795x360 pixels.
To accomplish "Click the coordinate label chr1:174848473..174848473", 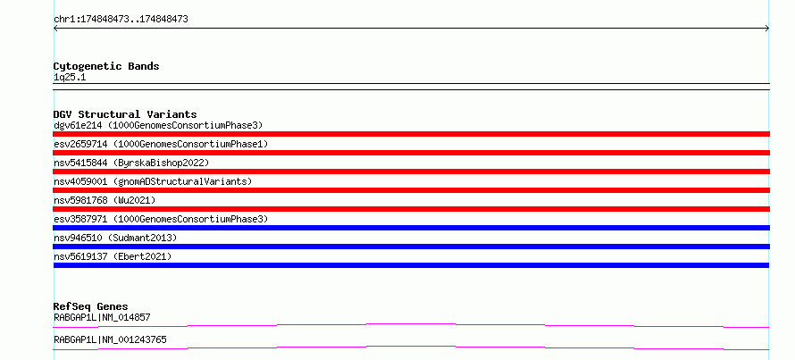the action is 121,20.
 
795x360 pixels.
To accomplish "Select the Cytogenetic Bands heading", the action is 106,66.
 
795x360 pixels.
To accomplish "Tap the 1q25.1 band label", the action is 70,78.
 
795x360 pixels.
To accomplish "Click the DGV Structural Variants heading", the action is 125,114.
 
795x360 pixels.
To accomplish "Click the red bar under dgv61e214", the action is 411,134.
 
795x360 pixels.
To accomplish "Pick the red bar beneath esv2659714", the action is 411,153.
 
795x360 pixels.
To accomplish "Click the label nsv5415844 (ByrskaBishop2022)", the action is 131,163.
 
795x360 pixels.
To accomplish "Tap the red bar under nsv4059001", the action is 411,190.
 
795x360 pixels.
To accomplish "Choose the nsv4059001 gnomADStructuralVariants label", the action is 153,181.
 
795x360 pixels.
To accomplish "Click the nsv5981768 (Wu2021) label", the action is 105,200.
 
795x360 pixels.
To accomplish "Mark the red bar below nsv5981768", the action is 411,209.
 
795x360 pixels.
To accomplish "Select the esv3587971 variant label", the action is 161,219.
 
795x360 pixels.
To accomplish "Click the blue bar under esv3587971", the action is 411,228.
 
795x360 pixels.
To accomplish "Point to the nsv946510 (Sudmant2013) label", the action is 115,238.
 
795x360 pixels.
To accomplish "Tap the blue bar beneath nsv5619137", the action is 411,265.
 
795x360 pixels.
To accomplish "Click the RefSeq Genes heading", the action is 90,306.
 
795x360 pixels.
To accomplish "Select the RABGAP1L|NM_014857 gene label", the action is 102,318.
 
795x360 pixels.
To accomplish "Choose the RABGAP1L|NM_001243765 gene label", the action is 110,339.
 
